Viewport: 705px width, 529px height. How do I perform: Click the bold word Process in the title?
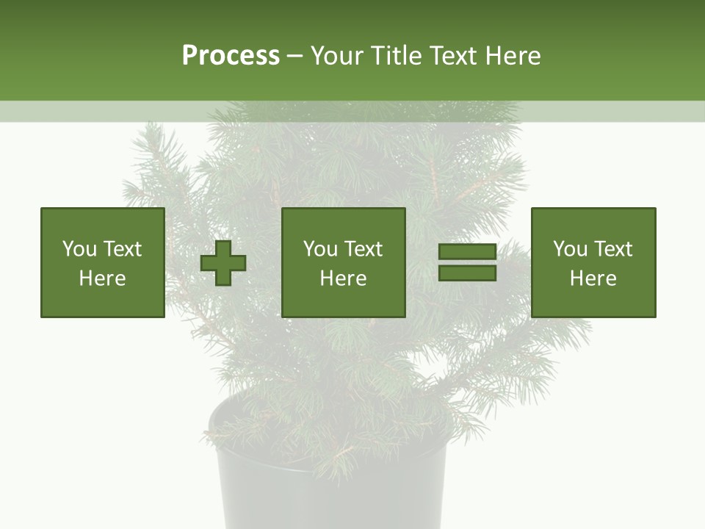click(x=231, y=56)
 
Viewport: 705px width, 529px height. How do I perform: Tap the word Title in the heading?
click(x=394, y=56)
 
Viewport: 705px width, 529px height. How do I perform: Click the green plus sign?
click(x=223, y=263)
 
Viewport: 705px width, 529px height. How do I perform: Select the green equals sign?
click(x=467, y=262)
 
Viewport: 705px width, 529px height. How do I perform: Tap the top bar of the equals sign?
click(x=467, y=252)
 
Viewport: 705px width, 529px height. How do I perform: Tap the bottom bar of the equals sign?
click(x=467, y=273)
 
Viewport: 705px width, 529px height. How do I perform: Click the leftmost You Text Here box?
click(x=103, y=262)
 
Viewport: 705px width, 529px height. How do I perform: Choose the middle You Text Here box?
click(x=343, y=262)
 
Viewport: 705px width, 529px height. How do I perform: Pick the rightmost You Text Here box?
click(x=593, y=262)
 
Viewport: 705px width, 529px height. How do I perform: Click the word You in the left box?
click(x=79, y=249)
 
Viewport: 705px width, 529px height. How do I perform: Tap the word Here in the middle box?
click(x=343, y=278)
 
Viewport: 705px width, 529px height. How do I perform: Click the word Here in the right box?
click(x=593, y=278)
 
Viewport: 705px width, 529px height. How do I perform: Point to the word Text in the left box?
click(x=122, y=249)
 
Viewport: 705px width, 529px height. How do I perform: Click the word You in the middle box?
click(x=319, y=249)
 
